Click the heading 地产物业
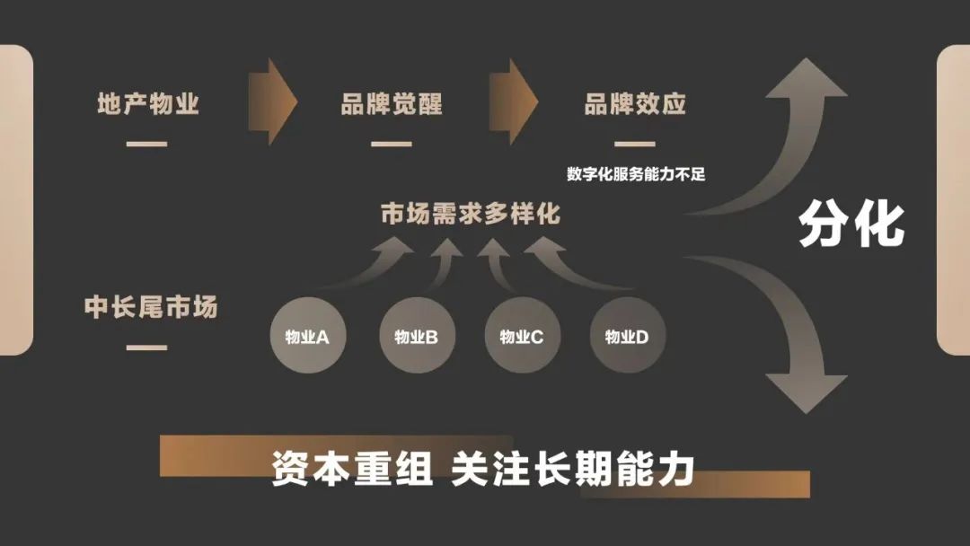148,104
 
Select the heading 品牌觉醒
392,104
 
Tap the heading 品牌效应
635,104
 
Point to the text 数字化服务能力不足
635,174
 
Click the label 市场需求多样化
470,216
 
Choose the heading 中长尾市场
151,308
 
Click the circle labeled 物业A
307,337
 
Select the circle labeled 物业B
416,337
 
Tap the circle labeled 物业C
522,337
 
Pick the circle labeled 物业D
627,337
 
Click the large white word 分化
851,224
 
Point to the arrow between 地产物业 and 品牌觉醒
272,101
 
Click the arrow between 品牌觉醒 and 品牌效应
514,101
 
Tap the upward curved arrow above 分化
790,126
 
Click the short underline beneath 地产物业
147,144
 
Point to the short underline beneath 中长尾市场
147,348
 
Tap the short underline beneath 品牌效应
635,144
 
